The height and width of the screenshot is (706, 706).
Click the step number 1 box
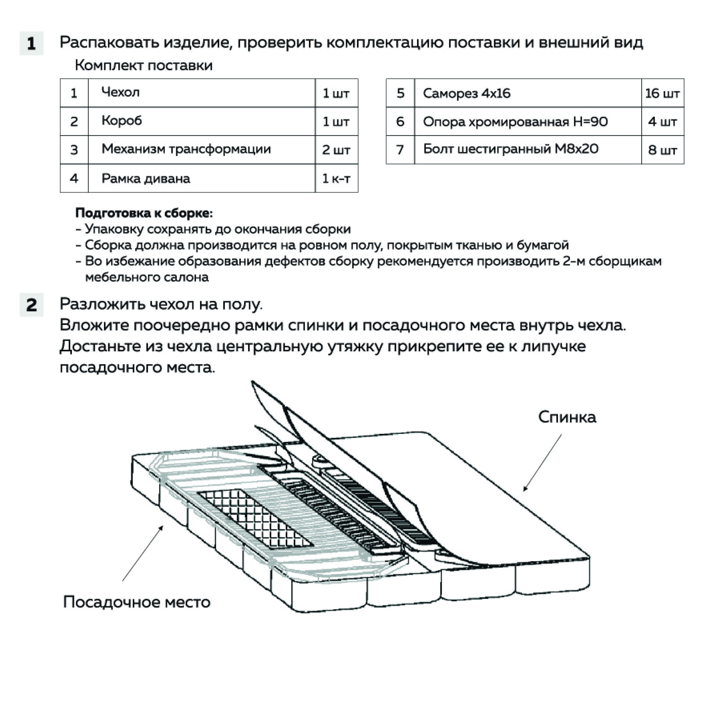31,43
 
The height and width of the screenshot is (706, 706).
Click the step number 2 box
31,305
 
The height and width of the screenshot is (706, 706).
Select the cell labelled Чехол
201,93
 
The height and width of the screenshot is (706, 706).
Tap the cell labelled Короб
201,121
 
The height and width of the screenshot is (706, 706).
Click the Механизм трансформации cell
201,150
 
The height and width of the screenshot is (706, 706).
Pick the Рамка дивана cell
201,178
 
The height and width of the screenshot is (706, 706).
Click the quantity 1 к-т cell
336,178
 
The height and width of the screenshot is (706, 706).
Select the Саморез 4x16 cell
528,93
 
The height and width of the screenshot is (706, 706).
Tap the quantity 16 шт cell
662,93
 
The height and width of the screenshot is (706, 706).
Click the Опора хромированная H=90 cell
528,122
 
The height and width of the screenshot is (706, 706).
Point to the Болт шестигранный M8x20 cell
528,149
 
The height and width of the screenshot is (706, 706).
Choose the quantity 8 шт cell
662,150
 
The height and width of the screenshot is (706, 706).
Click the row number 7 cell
400,150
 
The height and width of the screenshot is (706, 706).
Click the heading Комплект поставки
143,66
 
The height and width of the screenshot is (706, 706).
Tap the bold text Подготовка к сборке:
144,213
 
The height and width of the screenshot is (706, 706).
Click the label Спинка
567,417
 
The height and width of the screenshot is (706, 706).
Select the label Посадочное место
137,601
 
